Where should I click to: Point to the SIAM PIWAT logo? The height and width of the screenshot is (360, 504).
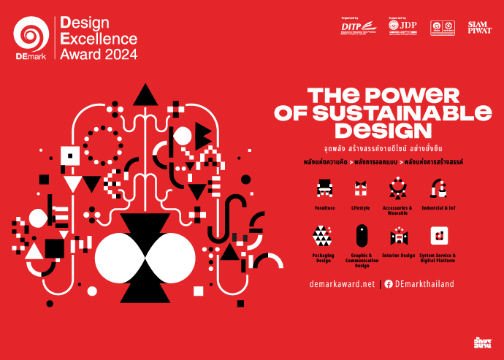click(479, 27)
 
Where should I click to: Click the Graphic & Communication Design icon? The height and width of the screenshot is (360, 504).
click(362, 236)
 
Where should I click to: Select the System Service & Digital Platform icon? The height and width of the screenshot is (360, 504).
click(438, 236)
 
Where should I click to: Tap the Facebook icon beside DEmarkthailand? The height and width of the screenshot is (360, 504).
click(389, 284)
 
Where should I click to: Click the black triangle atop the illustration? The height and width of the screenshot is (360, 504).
click(146, 93)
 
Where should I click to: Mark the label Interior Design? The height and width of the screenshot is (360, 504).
click(398, 256)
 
